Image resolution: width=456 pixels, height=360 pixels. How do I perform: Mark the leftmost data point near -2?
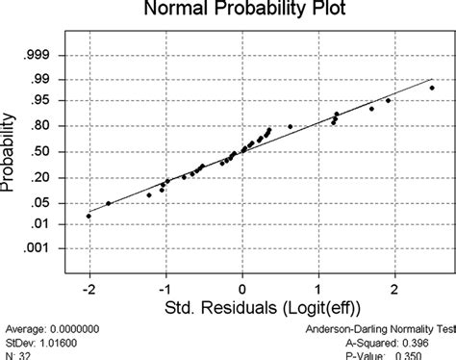pos(89,216)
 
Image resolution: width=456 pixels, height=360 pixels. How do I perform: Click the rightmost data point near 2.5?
pos(432,89)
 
